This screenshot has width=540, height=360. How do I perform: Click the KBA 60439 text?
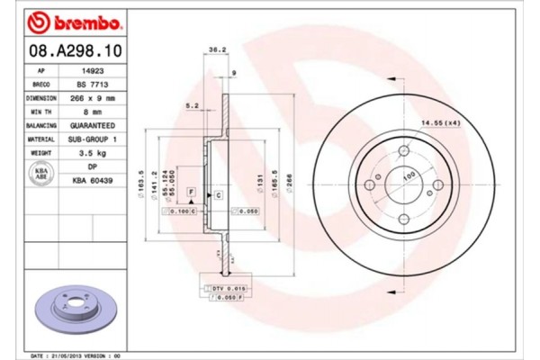[x=93, y=182]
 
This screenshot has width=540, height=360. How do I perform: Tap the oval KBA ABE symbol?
[x=41, y=174]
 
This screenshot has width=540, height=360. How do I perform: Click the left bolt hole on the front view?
[x=368, y=185]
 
